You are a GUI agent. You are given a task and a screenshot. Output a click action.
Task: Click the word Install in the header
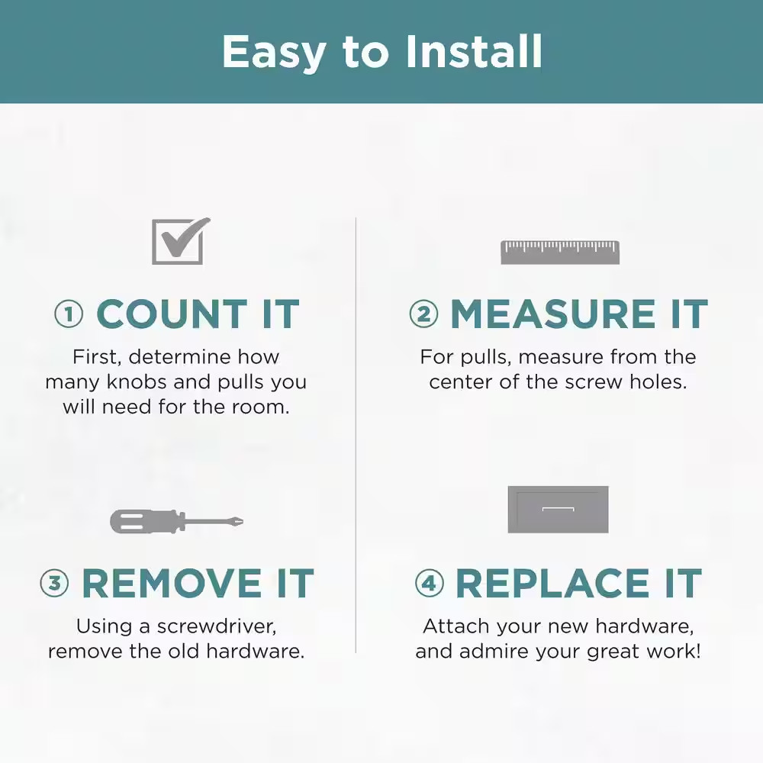coord(474,51)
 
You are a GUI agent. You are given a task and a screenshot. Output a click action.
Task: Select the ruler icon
coord(560,252)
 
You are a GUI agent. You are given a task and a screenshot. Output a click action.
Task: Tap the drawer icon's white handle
coord(559,509)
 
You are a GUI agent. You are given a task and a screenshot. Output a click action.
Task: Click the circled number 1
coord(69,314)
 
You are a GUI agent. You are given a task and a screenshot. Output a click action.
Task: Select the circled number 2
coord(423,314)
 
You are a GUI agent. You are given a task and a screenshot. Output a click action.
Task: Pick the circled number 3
coord(54,583)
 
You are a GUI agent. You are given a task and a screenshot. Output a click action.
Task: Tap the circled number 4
coord(429,583)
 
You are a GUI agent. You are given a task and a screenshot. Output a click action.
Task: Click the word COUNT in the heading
coord(172,314)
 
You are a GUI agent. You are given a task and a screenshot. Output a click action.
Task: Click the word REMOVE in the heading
coord(172,583)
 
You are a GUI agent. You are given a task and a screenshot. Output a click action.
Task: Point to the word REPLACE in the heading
coord(552,583)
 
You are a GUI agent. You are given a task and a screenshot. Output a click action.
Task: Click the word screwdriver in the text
coord(217,626)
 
